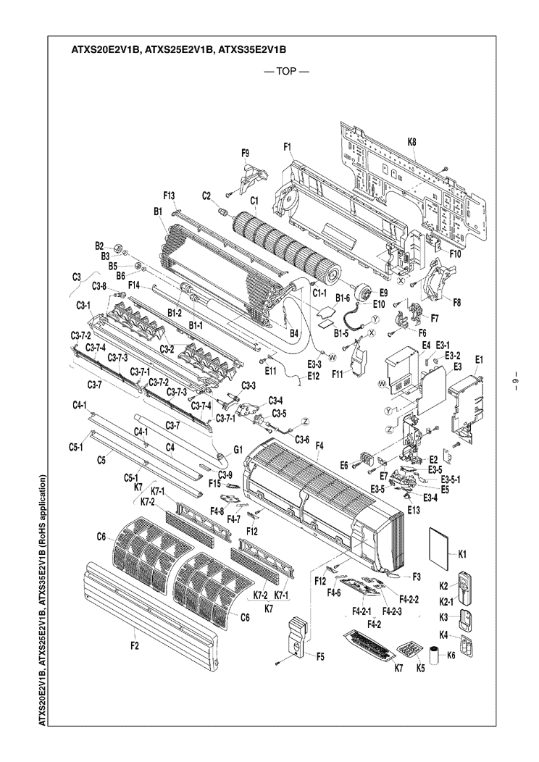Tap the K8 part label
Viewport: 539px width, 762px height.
point(411,142)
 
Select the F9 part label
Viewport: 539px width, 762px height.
point(246,153)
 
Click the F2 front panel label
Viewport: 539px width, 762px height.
point(135,647)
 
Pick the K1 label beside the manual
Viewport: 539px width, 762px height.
point(462,554)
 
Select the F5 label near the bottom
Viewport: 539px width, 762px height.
point(320,656)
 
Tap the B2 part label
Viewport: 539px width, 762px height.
point(100,246)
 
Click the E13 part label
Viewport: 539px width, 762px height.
point(414,510)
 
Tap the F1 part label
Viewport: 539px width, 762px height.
point(288,147)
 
